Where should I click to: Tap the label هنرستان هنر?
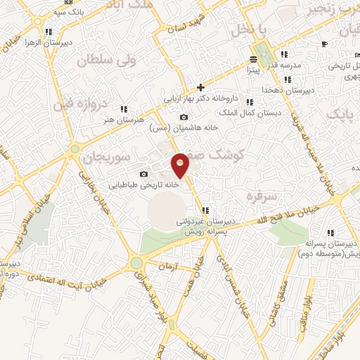[123, 120]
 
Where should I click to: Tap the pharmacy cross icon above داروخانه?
[201, 87]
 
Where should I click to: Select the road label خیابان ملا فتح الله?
[313, 209]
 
